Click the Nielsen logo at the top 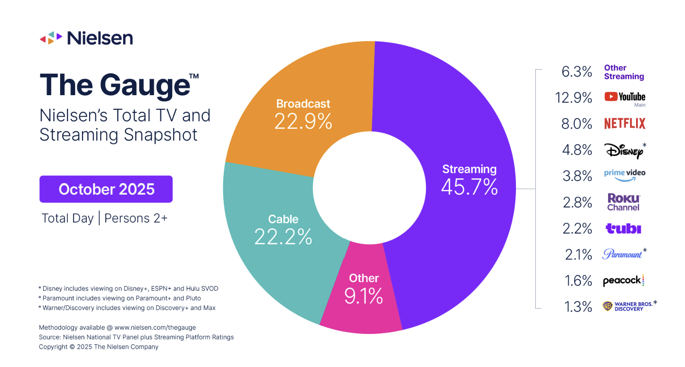(86, 38)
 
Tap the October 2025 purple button (106, 189)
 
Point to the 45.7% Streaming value (469, 187)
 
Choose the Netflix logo (624, 123)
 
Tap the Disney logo (624, 150)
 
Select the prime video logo (624, 174)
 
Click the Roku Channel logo (623, 202)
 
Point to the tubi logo (623, 229)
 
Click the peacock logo (623, 280)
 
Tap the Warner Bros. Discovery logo (628, 306)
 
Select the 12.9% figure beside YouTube (573, 98)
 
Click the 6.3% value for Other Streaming (577, 72)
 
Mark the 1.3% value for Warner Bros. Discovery (578, 307)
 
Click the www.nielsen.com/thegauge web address (155, 328)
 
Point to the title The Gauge (115, 85)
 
